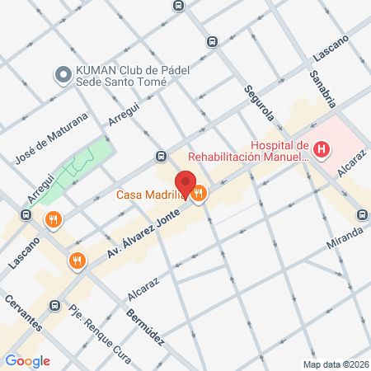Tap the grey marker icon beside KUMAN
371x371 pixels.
62,75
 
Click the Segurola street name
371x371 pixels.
256,106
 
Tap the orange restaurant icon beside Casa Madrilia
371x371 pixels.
200,195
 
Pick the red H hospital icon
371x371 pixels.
322,150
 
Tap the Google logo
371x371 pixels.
27,361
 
